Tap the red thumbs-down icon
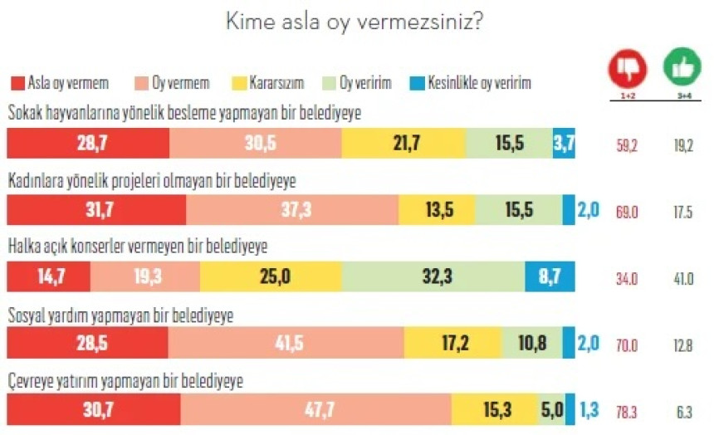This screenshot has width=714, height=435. [x=627, y=68]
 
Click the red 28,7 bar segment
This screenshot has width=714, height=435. [x=87, y=144]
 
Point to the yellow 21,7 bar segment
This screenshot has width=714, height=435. [x=403, y=144]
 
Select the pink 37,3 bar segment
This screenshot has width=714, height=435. [x=291, y=210]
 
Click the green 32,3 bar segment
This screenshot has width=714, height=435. [x=432, y=276]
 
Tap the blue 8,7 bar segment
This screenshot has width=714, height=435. [x=547, y=276]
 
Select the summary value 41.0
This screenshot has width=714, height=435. [x=682, y=277]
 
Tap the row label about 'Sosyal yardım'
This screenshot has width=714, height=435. [x=120, y=316]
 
